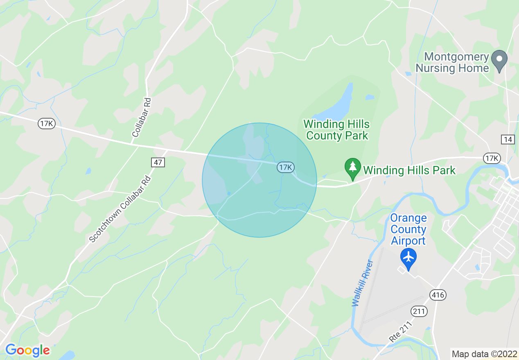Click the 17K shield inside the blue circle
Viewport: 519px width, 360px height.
(286, 167)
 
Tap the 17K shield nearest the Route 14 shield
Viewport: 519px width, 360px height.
(492, 158)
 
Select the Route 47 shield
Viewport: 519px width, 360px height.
(158, 162)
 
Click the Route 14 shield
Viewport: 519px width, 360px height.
(508, 139)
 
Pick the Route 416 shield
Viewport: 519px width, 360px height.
(438, 295)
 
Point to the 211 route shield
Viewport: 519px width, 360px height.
(419, 312)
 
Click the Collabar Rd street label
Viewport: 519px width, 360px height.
(142, 117)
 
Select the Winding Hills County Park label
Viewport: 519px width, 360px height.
(336, 130)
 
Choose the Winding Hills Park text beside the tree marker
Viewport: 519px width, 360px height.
(409, 170)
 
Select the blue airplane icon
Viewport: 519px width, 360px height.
(408, 258)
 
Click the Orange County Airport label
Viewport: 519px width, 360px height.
(408, 229)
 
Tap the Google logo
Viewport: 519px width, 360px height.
(27, 350)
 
